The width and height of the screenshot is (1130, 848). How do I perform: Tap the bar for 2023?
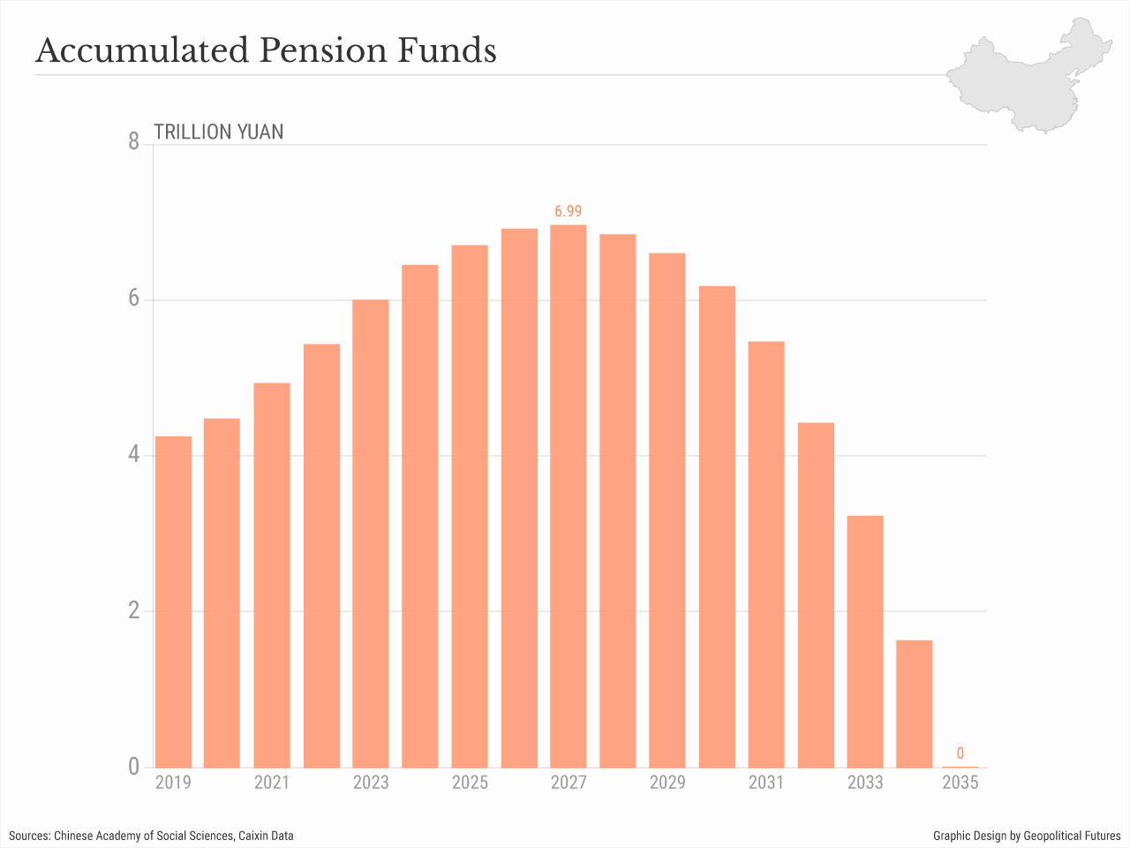371,534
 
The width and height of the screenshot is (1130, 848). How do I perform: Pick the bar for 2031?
766,554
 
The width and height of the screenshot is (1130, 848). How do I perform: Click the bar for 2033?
865,641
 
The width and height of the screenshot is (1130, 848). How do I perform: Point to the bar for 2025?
470,506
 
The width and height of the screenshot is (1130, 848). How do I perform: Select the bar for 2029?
667,510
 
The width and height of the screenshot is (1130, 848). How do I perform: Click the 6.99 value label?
569,211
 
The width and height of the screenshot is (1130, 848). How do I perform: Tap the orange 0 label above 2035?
960,753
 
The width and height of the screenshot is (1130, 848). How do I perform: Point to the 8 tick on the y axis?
134,141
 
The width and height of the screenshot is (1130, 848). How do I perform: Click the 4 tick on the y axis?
134,454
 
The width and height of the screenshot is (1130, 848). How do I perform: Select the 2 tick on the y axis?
134,610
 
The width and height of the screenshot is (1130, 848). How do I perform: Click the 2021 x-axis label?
272,783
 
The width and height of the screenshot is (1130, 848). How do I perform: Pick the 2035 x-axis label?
960,783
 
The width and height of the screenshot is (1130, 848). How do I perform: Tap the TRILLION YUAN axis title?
219,132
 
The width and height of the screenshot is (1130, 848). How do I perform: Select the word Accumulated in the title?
142,50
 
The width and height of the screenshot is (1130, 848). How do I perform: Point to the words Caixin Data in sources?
266,836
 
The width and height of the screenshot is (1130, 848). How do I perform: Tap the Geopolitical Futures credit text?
1072,836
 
